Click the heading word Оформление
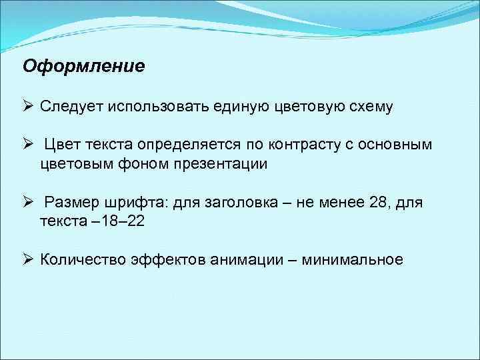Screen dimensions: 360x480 (x=83, y=67)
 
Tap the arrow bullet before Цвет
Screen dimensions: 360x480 (x=28, y=145)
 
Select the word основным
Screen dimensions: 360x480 (x=403, y=145)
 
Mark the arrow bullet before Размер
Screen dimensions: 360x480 (x=28, y=201)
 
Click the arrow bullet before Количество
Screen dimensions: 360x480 (x=28, y=259)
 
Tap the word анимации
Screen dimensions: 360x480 (x=249, y=259)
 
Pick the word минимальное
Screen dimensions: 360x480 (x=352, y=259)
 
